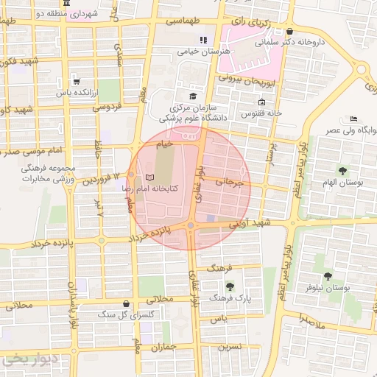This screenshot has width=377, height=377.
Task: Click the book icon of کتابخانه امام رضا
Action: coord(150,179)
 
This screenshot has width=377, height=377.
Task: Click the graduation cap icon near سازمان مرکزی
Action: coord(194,96)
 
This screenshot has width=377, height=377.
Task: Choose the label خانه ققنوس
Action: coord(265,113)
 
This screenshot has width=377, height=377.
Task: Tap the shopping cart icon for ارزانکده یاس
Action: coord(76,82)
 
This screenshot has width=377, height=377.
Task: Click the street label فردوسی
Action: coord(105,108)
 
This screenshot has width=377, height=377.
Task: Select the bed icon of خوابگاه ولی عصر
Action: coord(354,119)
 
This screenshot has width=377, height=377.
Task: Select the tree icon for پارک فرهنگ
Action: coord(230,286)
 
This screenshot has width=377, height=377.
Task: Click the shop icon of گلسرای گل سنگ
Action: coord(127,303)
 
